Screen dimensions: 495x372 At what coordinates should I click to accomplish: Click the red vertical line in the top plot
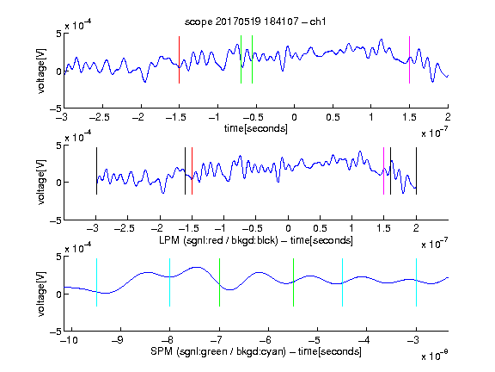[179, 59]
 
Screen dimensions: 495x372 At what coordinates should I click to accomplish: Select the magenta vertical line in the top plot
[409, 59]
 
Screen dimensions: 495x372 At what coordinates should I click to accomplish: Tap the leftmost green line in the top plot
[241, 59]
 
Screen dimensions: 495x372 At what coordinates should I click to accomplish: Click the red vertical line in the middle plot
[192, 170]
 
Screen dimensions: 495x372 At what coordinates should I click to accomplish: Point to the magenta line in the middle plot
[383, 170]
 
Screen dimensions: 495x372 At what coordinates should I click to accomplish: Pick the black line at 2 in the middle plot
[416, 170]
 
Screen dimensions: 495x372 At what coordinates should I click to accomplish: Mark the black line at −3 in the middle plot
[96, 170]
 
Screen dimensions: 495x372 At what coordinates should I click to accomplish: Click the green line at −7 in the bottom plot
[219, 282]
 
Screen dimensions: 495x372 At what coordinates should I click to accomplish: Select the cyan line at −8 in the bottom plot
[170, 282]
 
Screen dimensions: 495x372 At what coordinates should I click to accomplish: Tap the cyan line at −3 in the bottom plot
[417, 282]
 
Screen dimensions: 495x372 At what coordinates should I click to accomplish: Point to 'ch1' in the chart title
[317, 22]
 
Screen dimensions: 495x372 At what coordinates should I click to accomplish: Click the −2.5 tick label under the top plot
[100, 117]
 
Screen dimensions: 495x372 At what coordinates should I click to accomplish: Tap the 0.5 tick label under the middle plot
[320, 228]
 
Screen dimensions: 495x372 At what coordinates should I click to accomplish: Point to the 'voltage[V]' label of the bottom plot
[41, 294]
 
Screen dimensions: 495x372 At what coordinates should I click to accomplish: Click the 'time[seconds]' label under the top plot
[256, 128]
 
